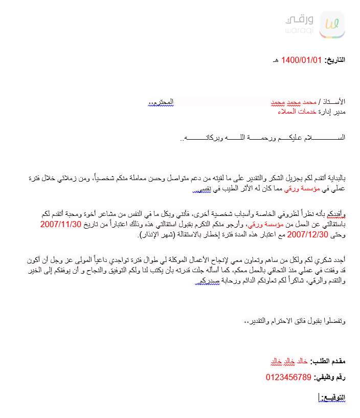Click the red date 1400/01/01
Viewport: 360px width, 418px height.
(x=302, y=60)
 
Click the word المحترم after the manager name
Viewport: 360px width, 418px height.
(x=159, y=103)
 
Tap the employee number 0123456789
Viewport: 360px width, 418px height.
(x=288, y=378)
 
